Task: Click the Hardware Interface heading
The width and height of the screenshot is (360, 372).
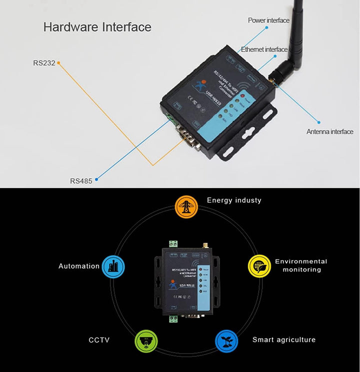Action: pyautogui.click(x=97, y=27)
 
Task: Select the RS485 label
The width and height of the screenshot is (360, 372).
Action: pyautogui.click(x=81, y=181)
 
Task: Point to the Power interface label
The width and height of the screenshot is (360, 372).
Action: pyautogui.click(x=268, y=20)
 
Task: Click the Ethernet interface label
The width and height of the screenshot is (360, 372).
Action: pyautogui.click(x=264, y=49)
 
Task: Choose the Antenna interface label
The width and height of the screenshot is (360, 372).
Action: pyautogui.click(x=329, y=132)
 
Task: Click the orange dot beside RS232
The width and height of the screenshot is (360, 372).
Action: pyautogui.click(x=58, y=63)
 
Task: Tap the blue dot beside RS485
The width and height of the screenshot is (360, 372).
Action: pyautogui.click(x=96, y=178)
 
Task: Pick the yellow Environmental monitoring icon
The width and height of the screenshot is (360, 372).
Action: pyautogui.click(x=258, y=265)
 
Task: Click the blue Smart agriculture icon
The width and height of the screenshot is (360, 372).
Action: pyautogui.click(x=225, y=340)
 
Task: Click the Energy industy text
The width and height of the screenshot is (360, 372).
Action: pyautogui.click(x=234, y=200)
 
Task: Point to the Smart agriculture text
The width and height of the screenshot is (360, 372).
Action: pyautogui.click(x=283, y=340)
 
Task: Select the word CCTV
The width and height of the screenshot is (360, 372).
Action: pyautogui.click(x=99, y=340)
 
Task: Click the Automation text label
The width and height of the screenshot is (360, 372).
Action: pyautogui.click(x=79, y=266)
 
